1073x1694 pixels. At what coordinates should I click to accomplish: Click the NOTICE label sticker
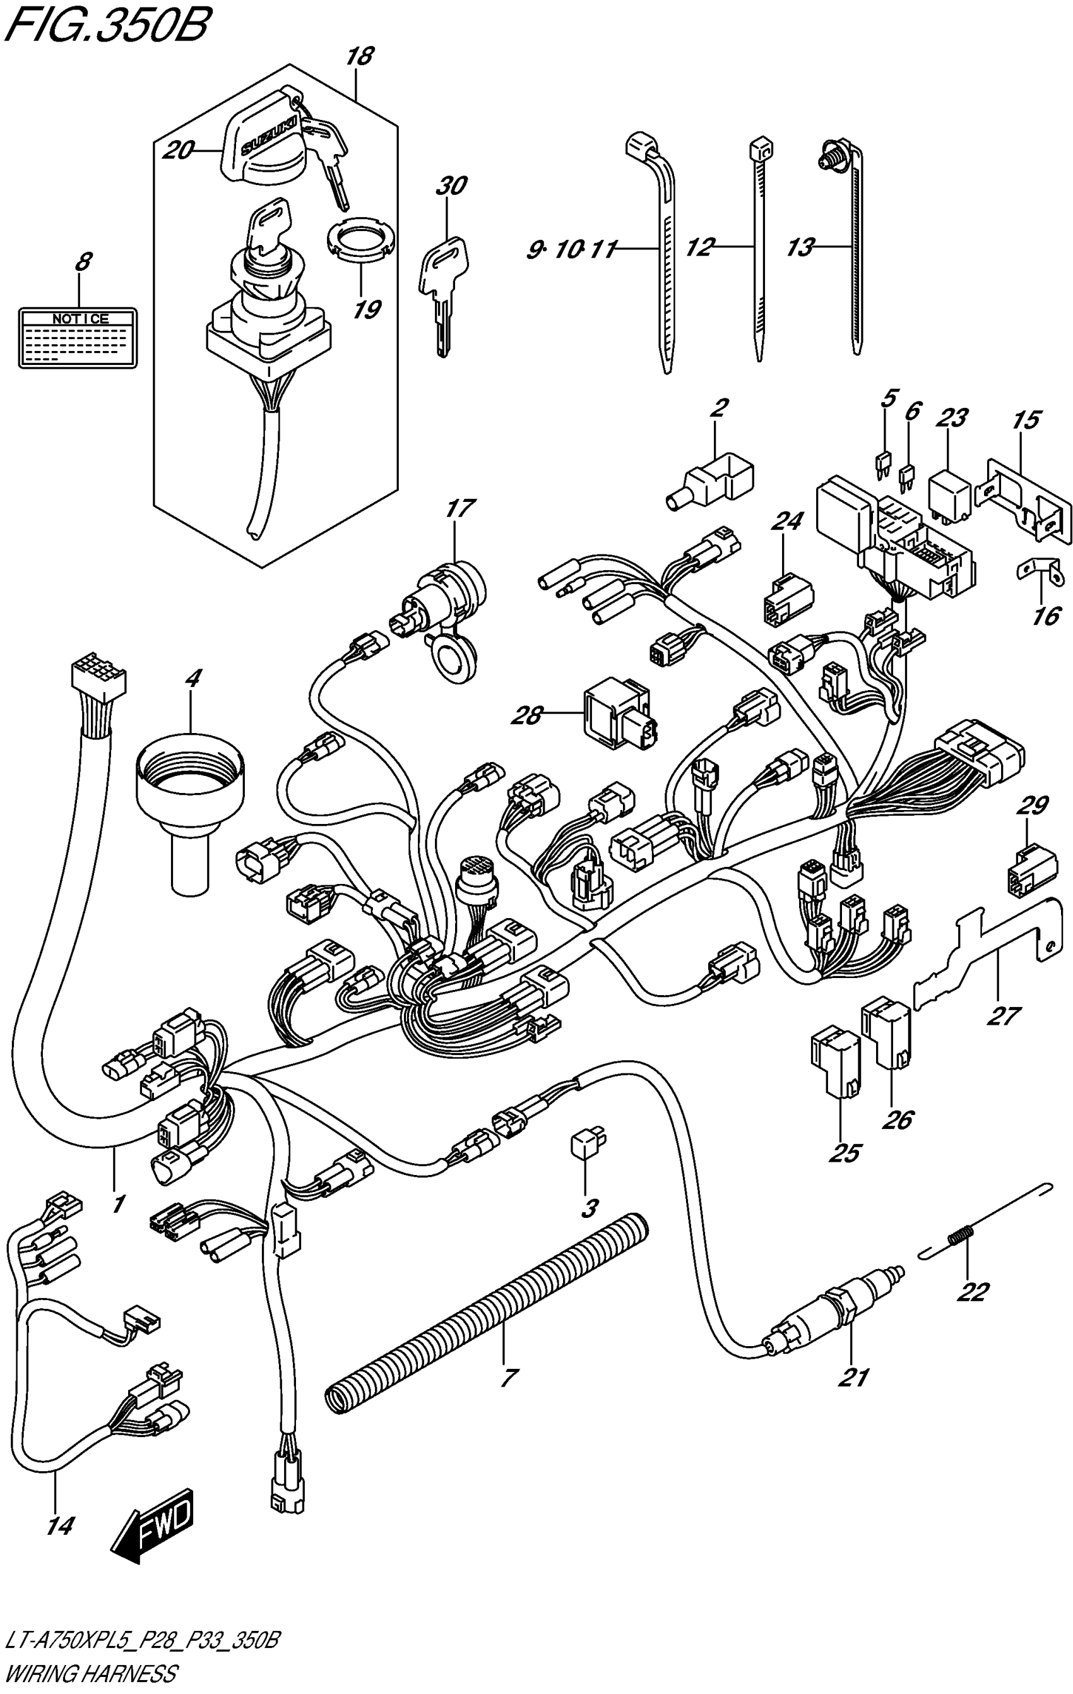point(78,338)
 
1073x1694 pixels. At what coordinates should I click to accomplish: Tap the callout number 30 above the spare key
point(451,186)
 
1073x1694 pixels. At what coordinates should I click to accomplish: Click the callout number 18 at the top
point(360,56)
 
